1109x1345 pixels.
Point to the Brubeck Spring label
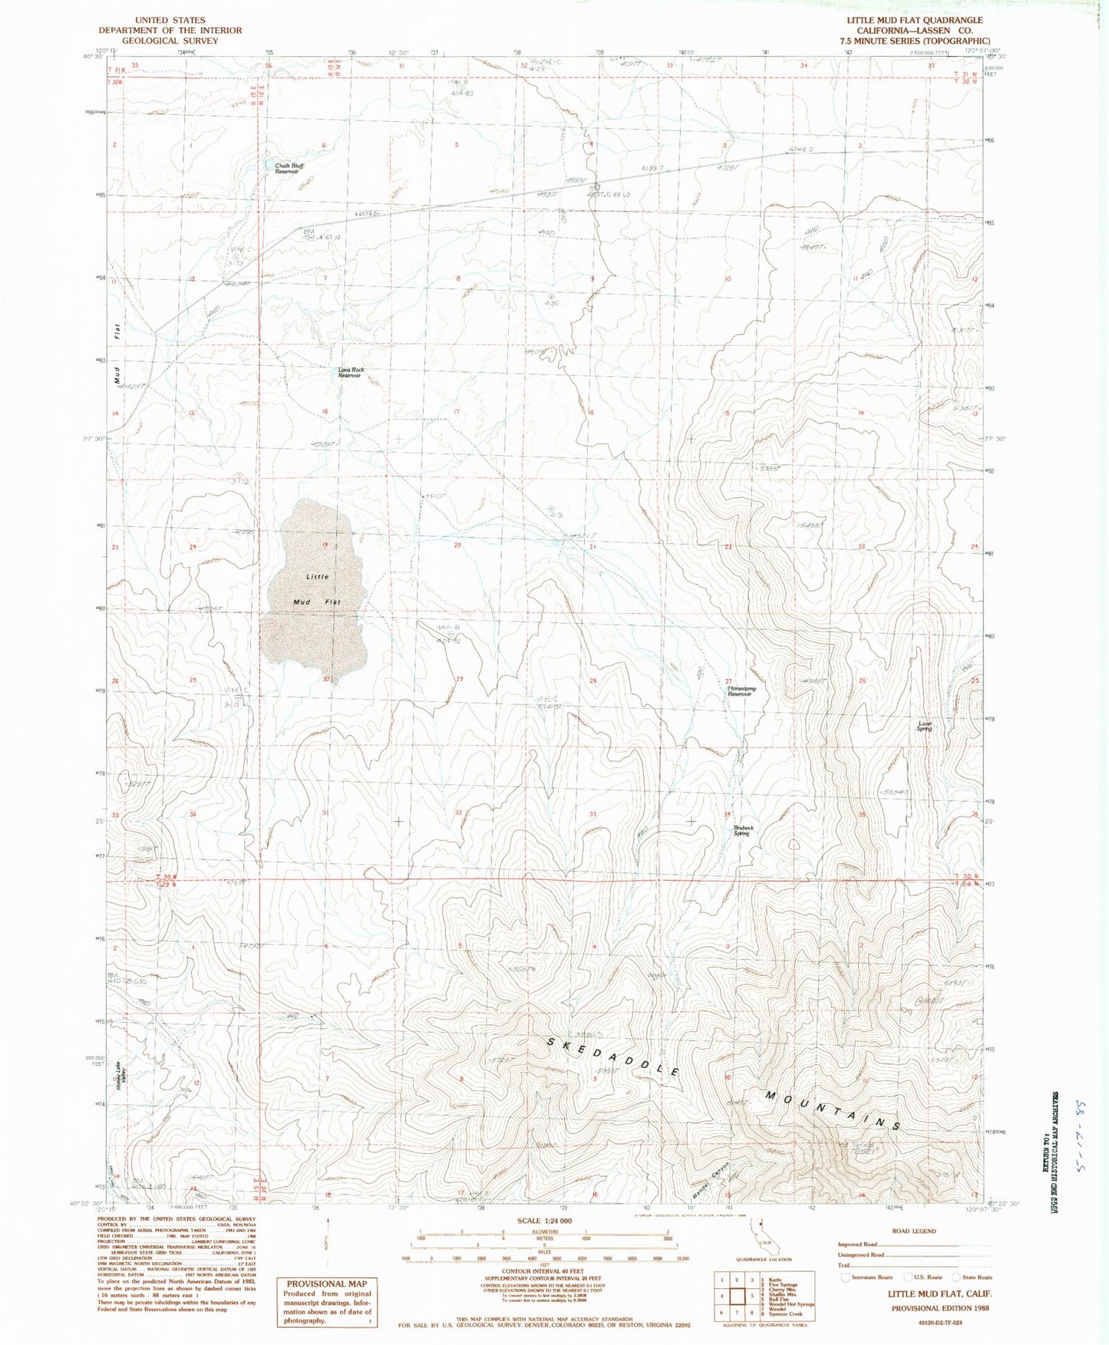click(741, 830)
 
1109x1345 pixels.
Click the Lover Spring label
click(924, 725)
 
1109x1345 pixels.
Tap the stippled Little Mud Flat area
click(315, 591)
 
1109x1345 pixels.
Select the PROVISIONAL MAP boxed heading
click(327, 1284)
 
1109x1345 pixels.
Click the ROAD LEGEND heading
click(913, 1231)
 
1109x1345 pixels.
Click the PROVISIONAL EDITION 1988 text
click(915, 1309)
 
